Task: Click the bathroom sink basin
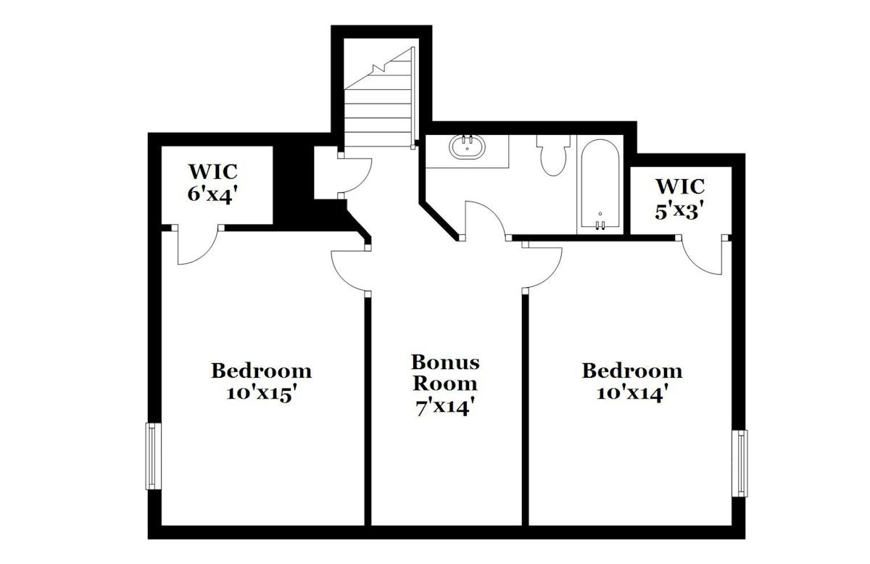pos(467,147)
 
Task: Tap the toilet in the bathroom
pos(553,155)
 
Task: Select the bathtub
pos(600,184)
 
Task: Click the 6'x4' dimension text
pos(212,194)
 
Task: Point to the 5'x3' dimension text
pos(680,212)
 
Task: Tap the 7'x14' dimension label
pos(445,408)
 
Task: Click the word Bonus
pos(445,362)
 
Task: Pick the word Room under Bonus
pos(445,383)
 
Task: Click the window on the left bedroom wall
pos(153,456)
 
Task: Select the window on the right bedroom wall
pos(739,463)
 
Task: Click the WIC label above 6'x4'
pos(213,171)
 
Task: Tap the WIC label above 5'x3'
pos(681,186)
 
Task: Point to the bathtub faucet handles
pos(600,225)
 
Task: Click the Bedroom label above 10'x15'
pos(262,370)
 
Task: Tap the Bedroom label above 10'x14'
pos(632,370)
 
